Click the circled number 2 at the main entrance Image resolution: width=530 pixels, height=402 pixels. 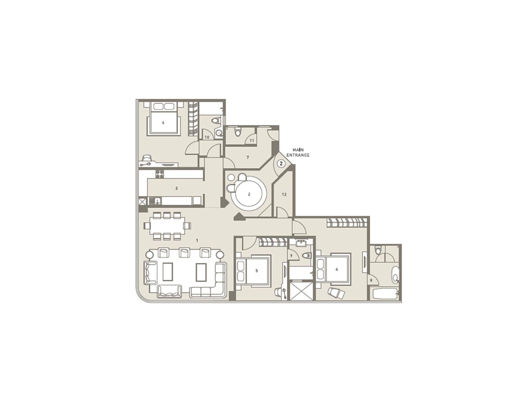pyautogui.click(x=281, y=164)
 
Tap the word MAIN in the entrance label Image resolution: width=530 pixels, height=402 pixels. pyautogui.click(x=297, y=150)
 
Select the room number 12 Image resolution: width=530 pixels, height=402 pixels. pyautogui.click(x=284, y=194)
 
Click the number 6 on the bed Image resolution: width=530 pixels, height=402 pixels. pyautogui.click(x=163, y=123)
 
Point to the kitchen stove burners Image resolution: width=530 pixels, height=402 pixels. pyautogui.click(x=160, y=174)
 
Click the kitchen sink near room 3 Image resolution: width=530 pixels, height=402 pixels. pyautogui.click(x=155, y=201)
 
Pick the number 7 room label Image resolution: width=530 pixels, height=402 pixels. pyautogui.click(x=247, y=157)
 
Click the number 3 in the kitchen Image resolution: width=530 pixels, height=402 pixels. pyautogui.click(x=176, y=189)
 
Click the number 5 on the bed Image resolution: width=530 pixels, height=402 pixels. pyautogui.click(x=257, y=270)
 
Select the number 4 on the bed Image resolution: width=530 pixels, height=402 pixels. pyautogui.click(x=337, y=269)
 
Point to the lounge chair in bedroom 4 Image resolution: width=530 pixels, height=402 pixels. pyautogui.click(x=336, y=293)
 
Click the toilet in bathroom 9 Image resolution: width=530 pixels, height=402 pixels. pyautogui.click(x=307, y=255)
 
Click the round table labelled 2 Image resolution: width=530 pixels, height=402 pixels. pyautogui.click(x=249, y=195)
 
